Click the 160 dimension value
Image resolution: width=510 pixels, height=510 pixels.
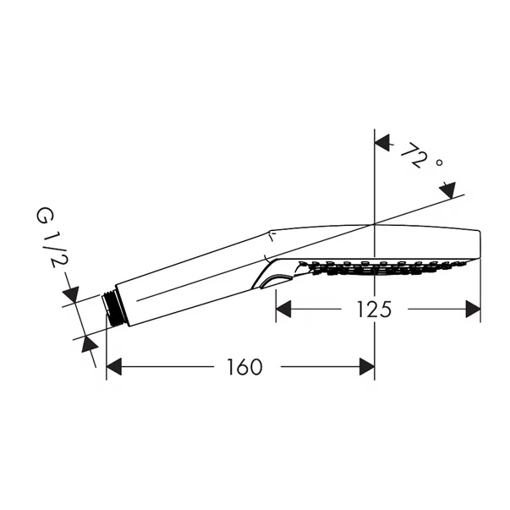[x=244, y=367]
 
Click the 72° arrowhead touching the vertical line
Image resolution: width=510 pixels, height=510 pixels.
[x=382, y=142]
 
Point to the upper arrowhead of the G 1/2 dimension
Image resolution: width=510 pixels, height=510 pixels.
[x=71, y=294]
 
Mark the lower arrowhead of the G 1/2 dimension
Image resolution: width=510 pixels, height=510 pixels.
[x=89, y=344]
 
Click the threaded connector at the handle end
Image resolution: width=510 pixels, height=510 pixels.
[x=112, y=308]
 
